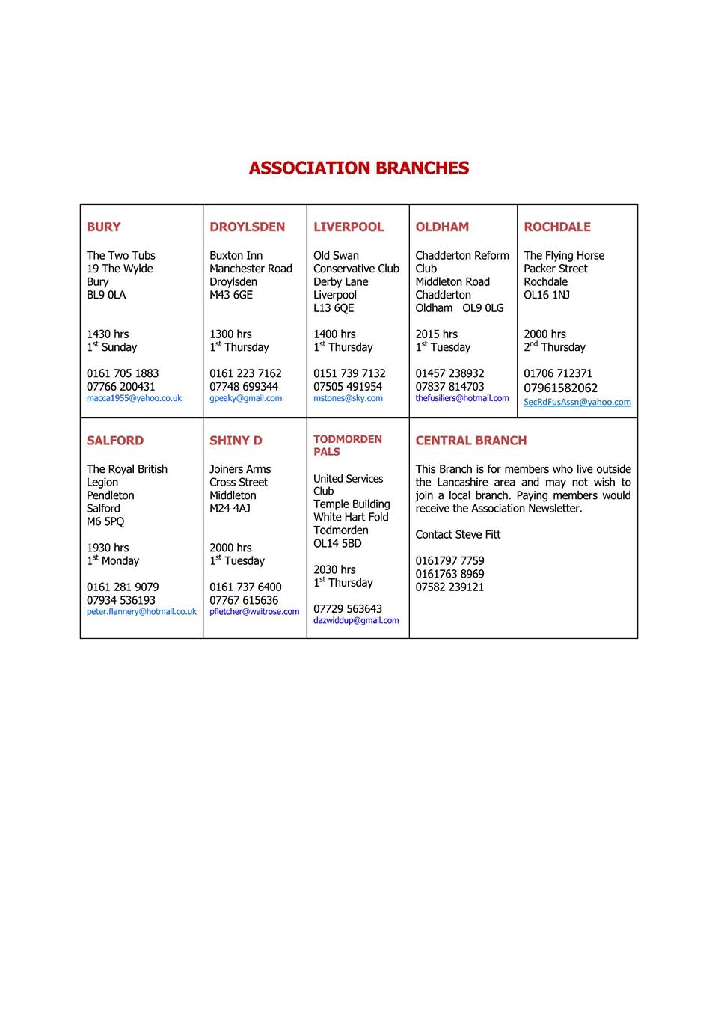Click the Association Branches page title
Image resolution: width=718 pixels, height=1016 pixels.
click(359, 168)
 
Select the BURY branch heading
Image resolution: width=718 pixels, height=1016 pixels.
click(104, 227)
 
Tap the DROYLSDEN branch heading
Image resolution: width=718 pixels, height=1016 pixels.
click(247, 227)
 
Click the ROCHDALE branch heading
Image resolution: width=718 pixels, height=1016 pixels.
click(557, 227)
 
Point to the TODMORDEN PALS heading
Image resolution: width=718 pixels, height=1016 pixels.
click(348, 445)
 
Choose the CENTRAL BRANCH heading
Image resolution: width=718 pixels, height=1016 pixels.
click(471, 441)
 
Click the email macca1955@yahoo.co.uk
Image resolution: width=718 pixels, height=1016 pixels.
click(134, 399)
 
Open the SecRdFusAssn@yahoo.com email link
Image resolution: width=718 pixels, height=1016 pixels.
click(577, 402)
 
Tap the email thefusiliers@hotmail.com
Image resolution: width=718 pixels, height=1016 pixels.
click(462, 399)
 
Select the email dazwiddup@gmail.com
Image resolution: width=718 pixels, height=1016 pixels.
click(356, 621)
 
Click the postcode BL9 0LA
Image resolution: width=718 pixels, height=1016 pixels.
click(106, 295)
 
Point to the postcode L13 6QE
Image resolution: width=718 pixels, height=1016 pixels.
click(334, 308)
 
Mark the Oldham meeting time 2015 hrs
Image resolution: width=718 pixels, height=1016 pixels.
click(437, 334)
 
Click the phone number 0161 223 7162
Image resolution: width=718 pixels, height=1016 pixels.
click(245, 373)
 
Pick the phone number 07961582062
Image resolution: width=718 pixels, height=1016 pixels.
click(560, 388)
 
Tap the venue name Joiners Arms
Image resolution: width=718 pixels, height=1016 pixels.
click(240, 469)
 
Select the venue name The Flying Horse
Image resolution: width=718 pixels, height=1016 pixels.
click(564, 256)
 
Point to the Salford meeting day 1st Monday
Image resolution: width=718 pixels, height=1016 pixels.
click(113, 561)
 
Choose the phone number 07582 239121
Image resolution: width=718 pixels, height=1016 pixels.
click(449, 587)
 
